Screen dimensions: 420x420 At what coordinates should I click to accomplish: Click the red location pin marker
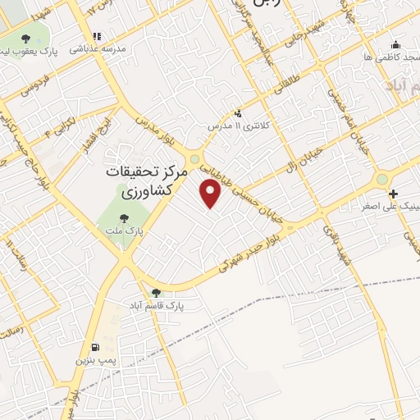click(212, 194)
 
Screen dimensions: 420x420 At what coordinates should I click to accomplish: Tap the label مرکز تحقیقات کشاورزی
click(148, 182)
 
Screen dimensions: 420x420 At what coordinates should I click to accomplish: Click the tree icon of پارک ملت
click(124, 218)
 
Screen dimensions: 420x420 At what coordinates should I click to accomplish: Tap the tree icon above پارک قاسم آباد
click(156, 292)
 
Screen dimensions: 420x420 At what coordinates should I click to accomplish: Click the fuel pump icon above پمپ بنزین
click(97, 347)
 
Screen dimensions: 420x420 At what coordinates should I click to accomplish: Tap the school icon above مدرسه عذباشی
click(98, 36)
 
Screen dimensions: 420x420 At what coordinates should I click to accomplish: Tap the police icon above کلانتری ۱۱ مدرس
click(238, 113)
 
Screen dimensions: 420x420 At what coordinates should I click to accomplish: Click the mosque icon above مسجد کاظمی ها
click(396, 45)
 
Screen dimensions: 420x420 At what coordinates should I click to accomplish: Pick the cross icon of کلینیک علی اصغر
click(395, 194)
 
